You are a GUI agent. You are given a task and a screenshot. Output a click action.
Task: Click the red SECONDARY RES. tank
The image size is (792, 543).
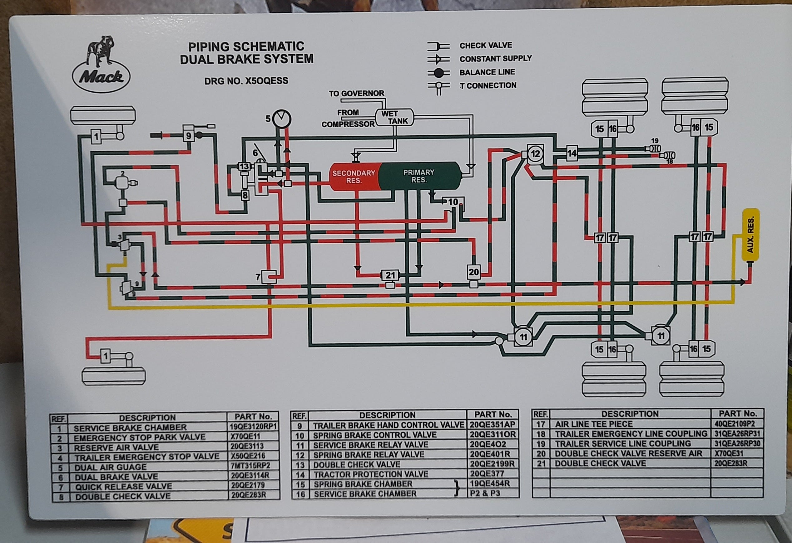[354, 176]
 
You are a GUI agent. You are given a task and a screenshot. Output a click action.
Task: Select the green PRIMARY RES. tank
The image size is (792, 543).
[419, 176]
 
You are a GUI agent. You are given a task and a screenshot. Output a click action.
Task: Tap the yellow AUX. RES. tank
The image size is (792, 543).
[750, 235]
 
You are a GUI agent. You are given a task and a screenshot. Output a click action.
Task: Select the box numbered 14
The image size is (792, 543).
[572, 153]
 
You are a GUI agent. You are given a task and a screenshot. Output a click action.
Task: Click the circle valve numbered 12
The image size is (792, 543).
[535, 154]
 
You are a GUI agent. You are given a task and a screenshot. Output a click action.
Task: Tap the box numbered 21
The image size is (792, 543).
[390, 275]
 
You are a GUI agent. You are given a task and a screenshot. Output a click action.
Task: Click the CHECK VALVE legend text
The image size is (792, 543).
[486, 46]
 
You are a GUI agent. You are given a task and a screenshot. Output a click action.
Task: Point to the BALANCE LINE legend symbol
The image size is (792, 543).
[438, 72]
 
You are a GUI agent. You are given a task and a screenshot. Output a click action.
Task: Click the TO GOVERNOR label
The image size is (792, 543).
[356, 93]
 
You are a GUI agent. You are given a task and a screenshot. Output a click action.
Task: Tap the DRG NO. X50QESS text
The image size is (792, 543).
[246, 81]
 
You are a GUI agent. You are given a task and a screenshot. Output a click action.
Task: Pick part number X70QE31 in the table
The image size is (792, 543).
[729, 453]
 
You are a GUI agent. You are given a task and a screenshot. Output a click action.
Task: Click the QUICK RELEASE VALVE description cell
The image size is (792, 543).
[123, 487]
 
